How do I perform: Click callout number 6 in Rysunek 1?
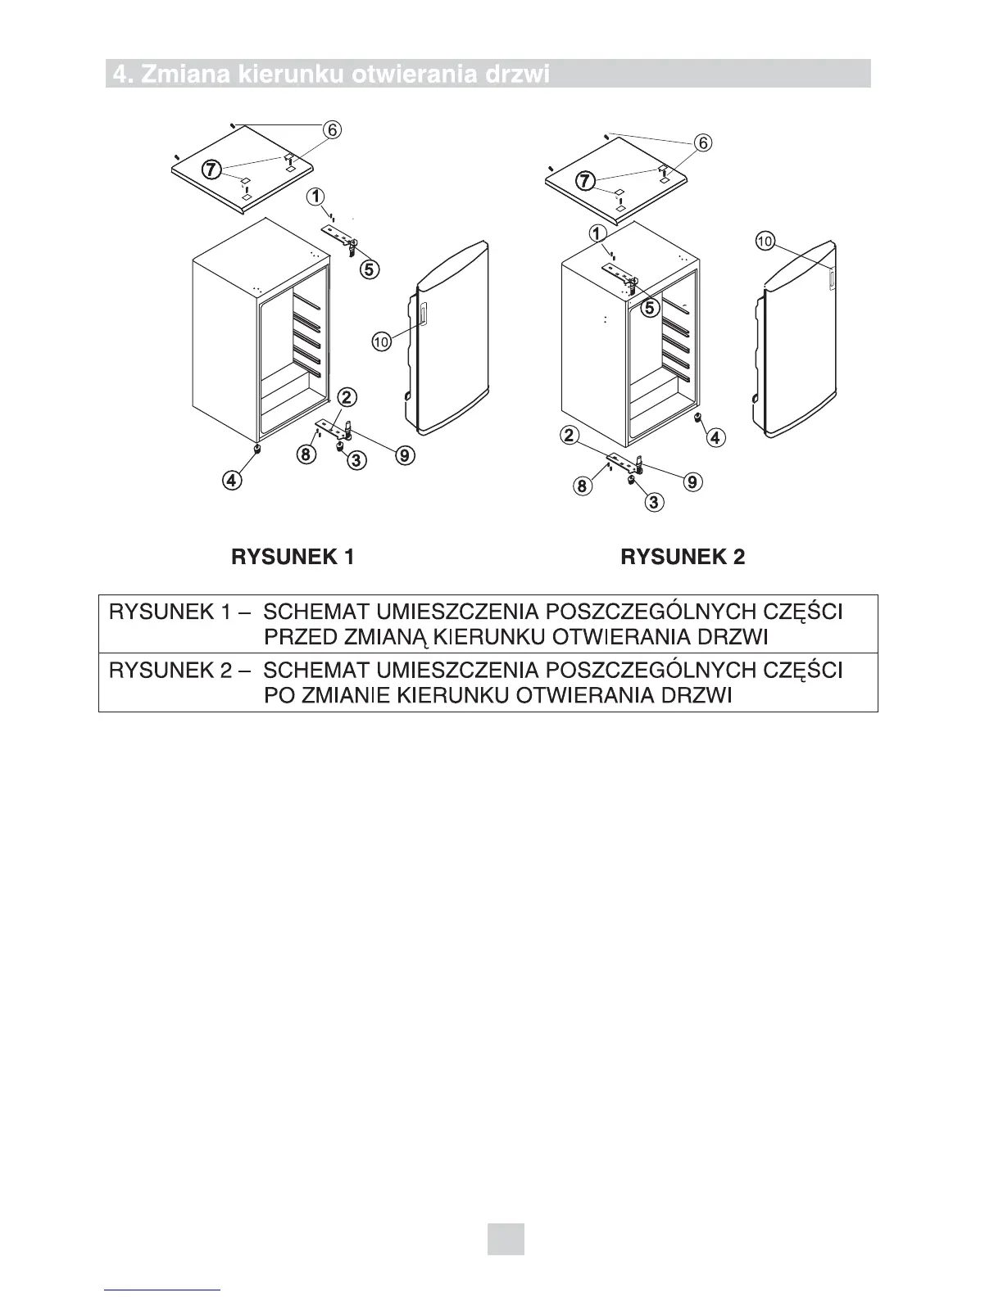pyautogui.click(x=332, y=129)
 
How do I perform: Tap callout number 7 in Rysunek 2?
pyautogui.click(x=584, y=180)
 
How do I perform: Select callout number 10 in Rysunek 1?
pyautogui.click(x=381, y=342)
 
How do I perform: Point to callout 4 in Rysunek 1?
pyautogui.click(x=234, y=481)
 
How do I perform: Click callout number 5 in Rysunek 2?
pyautogui.click(x=649, y=308)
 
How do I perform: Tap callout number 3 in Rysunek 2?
pyautogui.click(x=653, y=502)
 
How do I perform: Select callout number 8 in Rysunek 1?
pyautogui.click(x=305, y=455)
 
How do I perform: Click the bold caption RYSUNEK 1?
pyautogui.click(x=293, y=558)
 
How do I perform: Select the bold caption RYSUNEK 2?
pyautogui.click(x=683, y=558)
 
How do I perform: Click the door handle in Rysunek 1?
pyautogui.click(x=423, y=314)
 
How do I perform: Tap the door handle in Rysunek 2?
pyautogui.click(x=831, y=279)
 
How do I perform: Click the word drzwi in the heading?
pyautogui.click(x=515, y=75)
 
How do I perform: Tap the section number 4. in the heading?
pyautogui.click(x=123, y=75)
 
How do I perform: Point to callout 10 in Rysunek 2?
pyautogui.click(x=765, y=242)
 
